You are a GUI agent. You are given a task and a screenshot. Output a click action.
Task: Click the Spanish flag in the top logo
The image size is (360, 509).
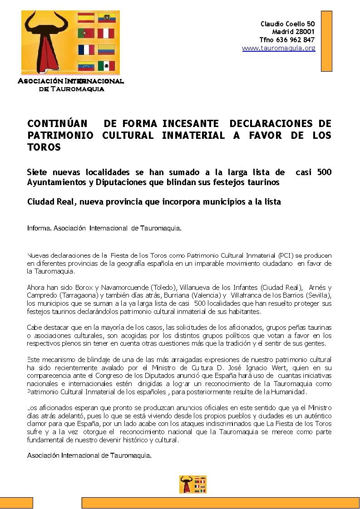[86, 18]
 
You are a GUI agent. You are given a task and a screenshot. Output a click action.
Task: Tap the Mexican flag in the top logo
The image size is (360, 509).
[107, 66]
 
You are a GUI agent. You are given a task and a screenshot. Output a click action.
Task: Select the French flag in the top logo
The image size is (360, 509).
[86, 50]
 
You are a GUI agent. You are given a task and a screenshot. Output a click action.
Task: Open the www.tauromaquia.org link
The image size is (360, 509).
[278, 48]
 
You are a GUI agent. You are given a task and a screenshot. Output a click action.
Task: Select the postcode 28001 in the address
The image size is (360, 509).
[306, 32]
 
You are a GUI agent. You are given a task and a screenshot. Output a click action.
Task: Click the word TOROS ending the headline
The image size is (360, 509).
[44, 147]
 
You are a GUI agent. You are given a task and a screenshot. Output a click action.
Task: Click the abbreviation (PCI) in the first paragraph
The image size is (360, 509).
[286, 255]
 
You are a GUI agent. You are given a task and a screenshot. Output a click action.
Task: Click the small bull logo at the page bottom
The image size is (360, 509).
[193, 485]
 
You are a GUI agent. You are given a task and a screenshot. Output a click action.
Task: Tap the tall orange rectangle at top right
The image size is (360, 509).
[326, 41]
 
